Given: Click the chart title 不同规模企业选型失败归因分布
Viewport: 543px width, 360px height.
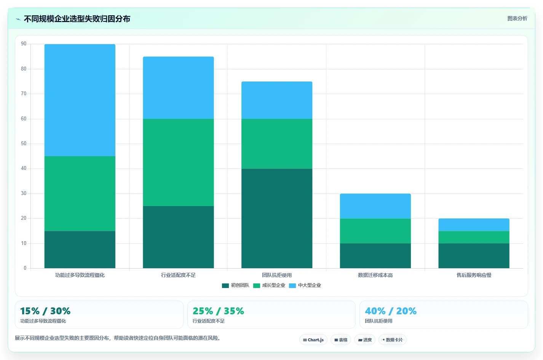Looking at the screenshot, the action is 77,19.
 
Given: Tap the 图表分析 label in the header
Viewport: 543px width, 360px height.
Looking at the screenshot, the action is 517,18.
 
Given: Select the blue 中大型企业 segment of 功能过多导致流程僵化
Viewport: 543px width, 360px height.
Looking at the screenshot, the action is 80,100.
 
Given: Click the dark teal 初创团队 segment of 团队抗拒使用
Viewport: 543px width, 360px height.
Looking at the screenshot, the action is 277,218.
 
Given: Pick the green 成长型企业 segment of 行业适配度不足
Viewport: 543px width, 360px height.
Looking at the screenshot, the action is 179,162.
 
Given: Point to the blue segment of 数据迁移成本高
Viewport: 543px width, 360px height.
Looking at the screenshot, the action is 375,206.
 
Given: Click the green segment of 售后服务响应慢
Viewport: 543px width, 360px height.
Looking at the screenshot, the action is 474,237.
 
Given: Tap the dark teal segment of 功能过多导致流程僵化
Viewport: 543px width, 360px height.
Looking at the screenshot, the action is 80,250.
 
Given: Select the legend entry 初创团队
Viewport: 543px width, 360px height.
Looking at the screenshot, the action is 236,285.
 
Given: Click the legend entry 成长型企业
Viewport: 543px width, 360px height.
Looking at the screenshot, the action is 269,285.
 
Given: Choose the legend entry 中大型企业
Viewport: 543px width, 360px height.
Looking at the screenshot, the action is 305,285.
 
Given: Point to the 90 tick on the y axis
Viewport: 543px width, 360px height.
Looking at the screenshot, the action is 24,44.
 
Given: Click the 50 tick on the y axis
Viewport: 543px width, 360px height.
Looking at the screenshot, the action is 24,143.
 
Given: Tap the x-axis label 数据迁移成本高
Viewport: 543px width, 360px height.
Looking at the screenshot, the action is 375,275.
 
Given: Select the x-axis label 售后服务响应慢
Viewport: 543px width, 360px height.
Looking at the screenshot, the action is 474,275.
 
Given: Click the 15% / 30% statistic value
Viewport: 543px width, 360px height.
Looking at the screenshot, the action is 45,311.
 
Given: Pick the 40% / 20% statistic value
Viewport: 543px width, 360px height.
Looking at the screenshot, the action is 391,311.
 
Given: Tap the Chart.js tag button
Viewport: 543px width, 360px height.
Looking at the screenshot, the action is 313,340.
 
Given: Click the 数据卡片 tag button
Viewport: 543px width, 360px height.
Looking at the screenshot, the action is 393,340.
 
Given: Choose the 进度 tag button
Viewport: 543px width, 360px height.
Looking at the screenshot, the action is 365,340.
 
